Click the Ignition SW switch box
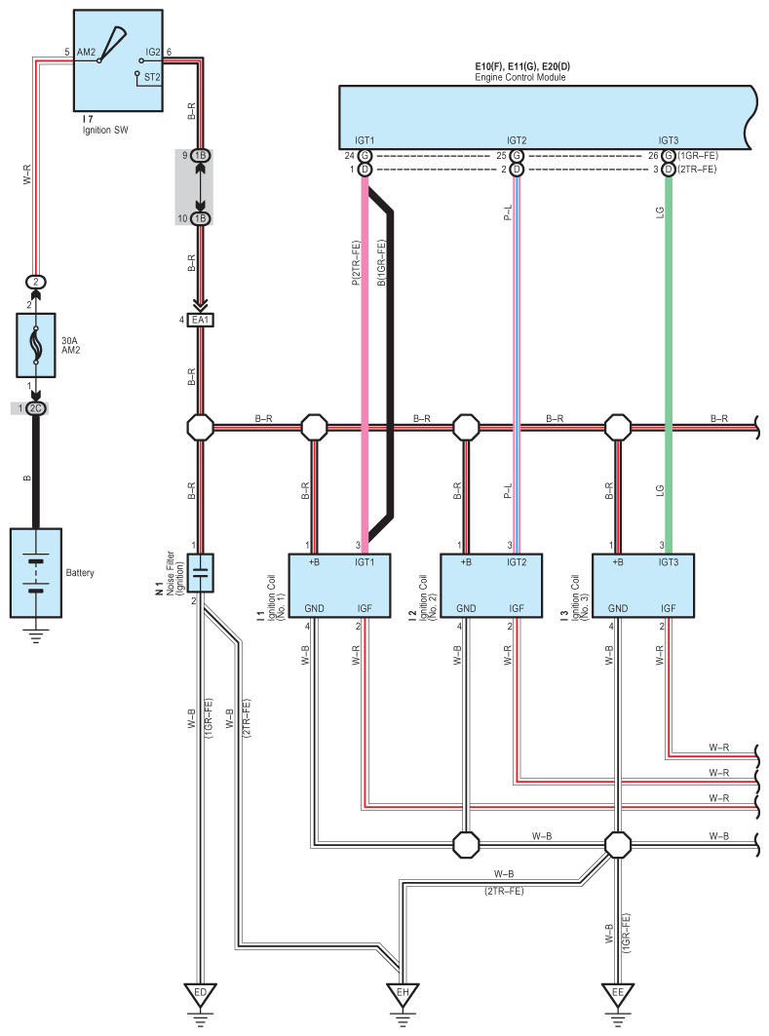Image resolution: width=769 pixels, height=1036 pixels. click(x=118, y=60)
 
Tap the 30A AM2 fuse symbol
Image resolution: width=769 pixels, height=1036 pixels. click(x=36, y=345)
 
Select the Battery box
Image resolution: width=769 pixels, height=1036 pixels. click(x=36, y=573)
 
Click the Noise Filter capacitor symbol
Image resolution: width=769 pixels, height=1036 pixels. click(x=200, y=573)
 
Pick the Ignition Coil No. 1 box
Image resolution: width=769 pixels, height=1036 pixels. click(x=339, y=586)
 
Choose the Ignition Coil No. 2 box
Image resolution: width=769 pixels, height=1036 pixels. click(x=491, y=586)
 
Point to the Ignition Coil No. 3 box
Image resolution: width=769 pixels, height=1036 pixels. click(x=643, y=586)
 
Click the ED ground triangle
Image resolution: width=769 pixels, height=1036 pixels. click(x=200, y=994)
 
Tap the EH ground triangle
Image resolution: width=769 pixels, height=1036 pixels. click(x=403, y=994)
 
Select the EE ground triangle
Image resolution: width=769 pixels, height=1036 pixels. click(x=618, y=994)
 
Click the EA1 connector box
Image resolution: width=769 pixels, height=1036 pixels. click(x=200, y=320)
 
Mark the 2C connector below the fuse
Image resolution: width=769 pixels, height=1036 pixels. click(x=36, y=408)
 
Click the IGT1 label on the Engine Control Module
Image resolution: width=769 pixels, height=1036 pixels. click(x=365, y=140)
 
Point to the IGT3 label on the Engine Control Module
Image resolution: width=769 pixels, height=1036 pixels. click(x=669, y=140)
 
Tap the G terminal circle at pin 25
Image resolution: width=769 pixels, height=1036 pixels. click(x=517, y=156)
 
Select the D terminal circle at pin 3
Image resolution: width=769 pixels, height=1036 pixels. click(x=669, y=170)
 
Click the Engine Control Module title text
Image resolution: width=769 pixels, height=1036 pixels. click(x=520, y=77)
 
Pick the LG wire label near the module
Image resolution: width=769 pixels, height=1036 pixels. click(x=660, y=212)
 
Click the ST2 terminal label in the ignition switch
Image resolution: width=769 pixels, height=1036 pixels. click(x=152, y=77)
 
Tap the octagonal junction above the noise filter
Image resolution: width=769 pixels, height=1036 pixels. click(x=200, y=428)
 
